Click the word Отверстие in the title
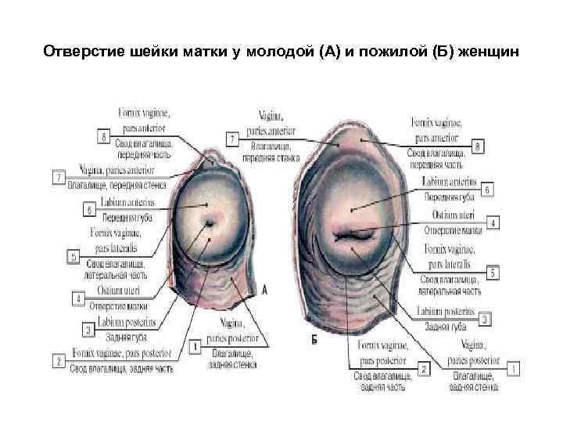click(77, 52)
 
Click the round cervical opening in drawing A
click(210, 224)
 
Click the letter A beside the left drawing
click(264, 291)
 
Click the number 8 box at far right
click(479, 146)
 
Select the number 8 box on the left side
click(104, 138)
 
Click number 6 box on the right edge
click(488, 190)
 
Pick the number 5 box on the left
click(74, 256)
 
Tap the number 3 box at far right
click(486, 319)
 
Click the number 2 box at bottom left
click(58, 360)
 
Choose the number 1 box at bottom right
click(513, 366)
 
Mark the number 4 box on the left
click(78, 298)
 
